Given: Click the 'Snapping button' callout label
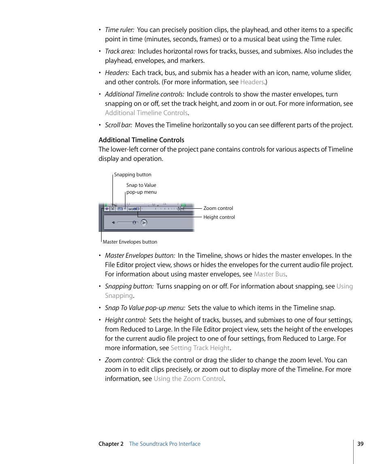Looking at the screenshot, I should tap(133, 175).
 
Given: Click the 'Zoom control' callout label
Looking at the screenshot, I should tap(218, 208).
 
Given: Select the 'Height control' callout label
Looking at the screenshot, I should tap(219, 217).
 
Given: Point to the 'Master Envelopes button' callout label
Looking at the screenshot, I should tap(130, 242).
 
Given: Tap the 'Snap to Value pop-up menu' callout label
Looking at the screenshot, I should tap(141, 188).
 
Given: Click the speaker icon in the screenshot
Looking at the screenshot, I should tap(114, 222).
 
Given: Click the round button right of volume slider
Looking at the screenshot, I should tap(144, 222).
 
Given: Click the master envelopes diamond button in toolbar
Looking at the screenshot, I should tap(107, 209).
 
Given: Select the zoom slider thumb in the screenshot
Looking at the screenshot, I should tap(178, 209).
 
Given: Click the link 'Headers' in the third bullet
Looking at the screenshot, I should tap(252, 82).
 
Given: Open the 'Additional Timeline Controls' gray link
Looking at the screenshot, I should tap(146, 113).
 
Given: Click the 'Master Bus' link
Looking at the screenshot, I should tap(269, 274).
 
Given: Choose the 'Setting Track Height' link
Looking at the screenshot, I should tap(200, 348).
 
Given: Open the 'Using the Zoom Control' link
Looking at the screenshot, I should tap(189, 378).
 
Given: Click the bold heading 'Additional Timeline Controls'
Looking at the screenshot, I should tap(141, 140).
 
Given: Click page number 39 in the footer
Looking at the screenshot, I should tap(360, 444).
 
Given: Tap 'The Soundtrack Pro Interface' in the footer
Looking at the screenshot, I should tap(165, 444).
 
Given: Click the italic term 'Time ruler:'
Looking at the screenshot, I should tap(119, 30).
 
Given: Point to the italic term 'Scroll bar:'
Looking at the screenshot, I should tap(119, 125).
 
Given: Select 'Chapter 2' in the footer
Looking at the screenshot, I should tap(111, 444).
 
